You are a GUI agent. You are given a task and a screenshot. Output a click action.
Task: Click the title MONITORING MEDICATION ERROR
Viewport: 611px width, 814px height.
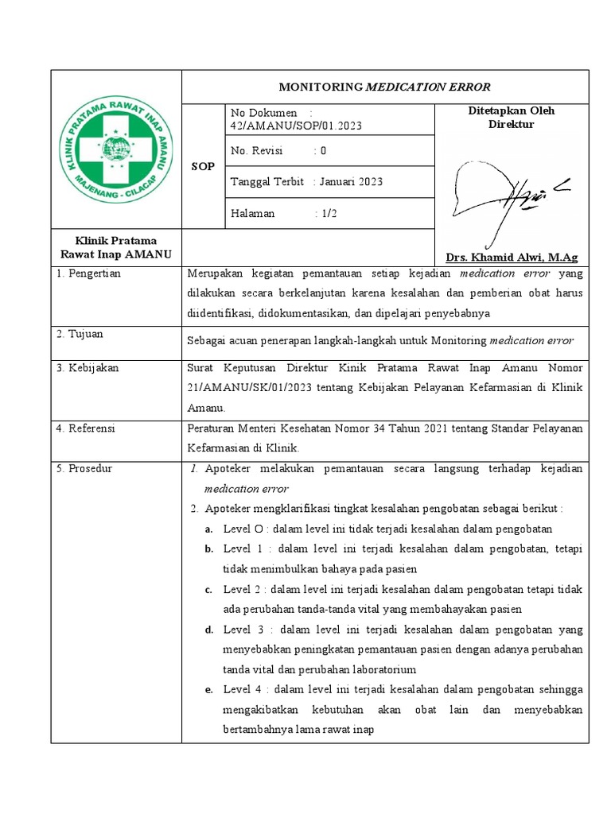pos(385,87)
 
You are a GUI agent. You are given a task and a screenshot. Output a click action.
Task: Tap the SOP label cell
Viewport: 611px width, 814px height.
pos(204,166)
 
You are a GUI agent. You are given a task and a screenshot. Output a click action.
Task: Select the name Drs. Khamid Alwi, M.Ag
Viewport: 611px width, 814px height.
pos(512,257)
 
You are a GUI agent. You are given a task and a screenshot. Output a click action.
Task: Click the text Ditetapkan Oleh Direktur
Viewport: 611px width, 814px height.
pos(512,118)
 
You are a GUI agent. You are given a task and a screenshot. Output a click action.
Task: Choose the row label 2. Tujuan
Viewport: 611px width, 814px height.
pos(80,334)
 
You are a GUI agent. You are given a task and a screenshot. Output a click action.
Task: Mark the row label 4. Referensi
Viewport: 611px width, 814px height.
pos(86,428)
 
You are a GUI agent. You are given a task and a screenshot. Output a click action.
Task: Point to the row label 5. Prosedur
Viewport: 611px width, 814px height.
pos(84,468)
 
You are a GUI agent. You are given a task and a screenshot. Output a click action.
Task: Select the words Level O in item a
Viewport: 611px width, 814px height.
pos(242,529)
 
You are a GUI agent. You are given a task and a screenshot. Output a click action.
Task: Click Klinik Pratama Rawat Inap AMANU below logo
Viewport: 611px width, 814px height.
pos(116,247)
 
